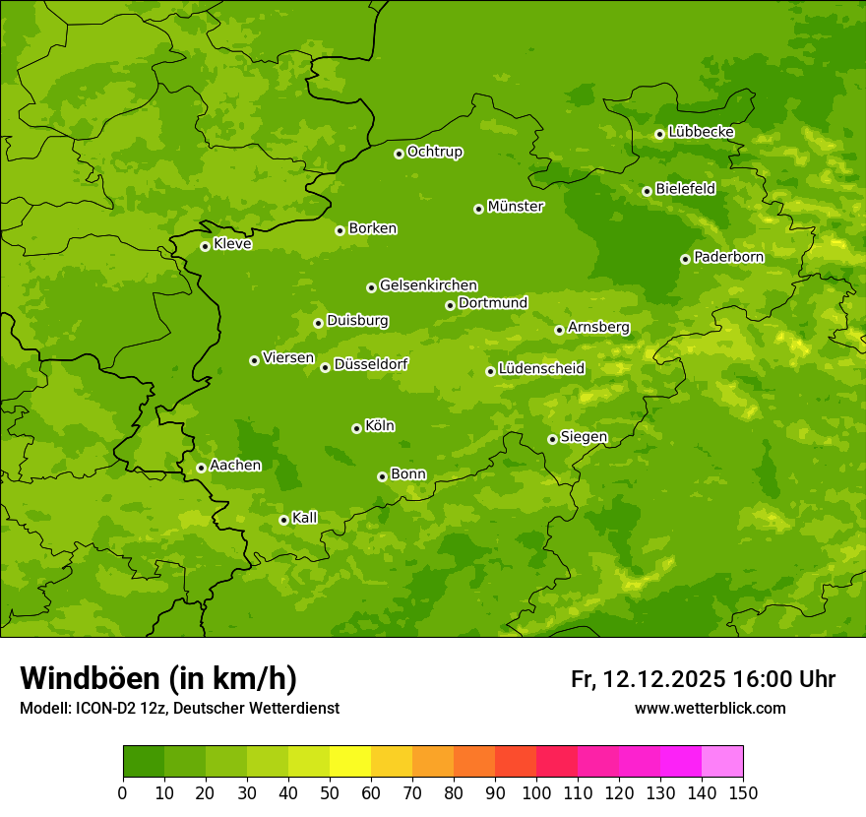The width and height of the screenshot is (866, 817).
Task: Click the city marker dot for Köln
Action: point(356,428)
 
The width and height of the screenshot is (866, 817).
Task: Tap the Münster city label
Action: point(515,207)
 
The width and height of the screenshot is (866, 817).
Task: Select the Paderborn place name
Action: point(728,257)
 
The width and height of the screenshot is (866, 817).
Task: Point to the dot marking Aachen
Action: point(201,468)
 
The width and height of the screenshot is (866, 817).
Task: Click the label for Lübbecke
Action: point(701,132)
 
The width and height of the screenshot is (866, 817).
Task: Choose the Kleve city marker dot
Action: point(205,246)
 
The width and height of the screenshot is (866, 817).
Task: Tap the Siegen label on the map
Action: point(584,437)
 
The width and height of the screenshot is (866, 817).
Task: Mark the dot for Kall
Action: point(283,520)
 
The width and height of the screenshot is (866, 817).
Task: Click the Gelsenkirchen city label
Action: point(428,285)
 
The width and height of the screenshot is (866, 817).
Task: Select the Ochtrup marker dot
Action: point(399,154)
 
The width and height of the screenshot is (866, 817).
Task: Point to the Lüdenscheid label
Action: point(541,369)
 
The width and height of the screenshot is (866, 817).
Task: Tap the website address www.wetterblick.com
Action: point(710,709)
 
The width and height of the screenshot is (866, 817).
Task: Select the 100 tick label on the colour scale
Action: point(536,791)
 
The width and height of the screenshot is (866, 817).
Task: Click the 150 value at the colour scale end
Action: point(742,791)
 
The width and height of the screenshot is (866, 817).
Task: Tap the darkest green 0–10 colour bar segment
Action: point(144,762)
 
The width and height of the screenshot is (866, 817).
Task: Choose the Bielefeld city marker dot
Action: point(647,191)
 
